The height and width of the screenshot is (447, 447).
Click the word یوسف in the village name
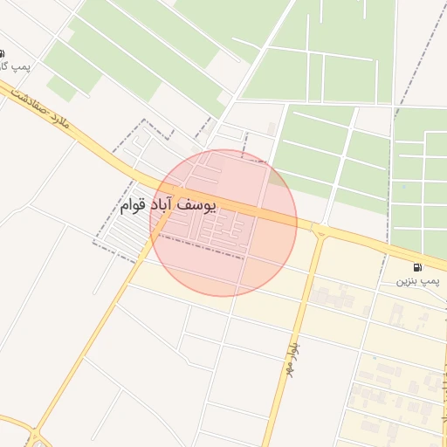(x=196, y=203)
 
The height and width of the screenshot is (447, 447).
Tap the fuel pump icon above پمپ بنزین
(x=417, y=266)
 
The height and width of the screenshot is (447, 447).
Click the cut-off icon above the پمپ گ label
(x=2, y=52)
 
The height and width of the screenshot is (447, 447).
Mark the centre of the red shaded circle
(x=223, y=223)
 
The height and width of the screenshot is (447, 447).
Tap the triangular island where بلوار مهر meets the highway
(x=320, y=232)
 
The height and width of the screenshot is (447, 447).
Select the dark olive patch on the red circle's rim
(x=277, y=177)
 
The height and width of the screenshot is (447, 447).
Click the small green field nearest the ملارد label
(x=60, y=86)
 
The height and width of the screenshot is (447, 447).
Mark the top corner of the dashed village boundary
(x=144, y=120)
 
